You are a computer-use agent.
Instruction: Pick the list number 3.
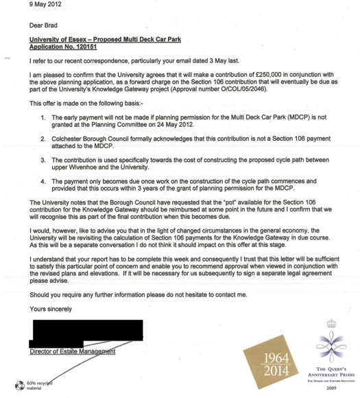[x=43, y=160]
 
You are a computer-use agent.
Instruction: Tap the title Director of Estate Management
[x=73, y=352]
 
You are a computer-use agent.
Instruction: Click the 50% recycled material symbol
[x=19, y=385]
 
